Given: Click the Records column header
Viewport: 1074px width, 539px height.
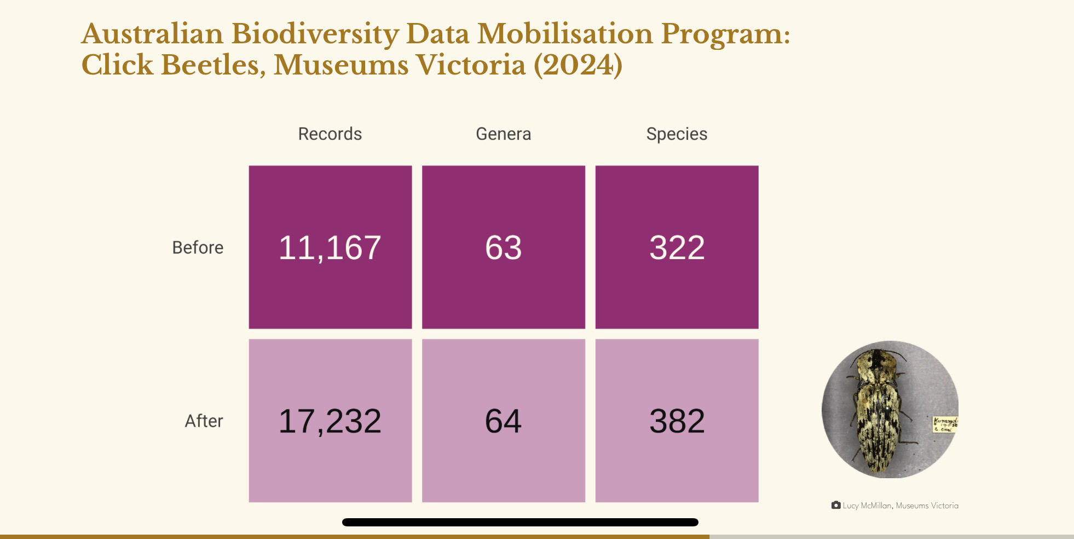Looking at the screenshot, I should point(330,134).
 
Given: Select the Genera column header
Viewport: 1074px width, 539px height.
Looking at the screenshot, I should point(503,134).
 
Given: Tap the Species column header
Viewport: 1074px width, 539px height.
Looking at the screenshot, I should point(677,134).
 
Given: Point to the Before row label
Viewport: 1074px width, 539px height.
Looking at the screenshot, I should point(198,248).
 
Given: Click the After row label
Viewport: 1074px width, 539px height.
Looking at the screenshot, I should point(204,421).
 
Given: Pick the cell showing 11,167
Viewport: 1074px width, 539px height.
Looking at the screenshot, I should point(330,247).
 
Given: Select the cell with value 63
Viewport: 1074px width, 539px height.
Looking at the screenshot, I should point(503,247).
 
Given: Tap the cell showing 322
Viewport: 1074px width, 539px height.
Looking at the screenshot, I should point(677,247).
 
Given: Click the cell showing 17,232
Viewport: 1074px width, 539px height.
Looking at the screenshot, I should point(330,421).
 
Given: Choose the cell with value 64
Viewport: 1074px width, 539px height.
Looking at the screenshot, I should point(503,421).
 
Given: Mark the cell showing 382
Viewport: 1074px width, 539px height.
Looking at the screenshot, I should point(677,421).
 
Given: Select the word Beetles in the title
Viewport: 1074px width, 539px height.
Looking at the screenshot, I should point(213,65).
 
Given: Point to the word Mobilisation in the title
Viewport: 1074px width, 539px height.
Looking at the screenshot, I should point(565,34).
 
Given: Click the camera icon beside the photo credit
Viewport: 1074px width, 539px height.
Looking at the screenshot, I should point(836,505).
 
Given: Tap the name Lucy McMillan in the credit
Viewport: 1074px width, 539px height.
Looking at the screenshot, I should point(867,506).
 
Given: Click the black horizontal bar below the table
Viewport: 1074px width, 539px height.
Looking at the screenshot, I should point(520,522).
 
